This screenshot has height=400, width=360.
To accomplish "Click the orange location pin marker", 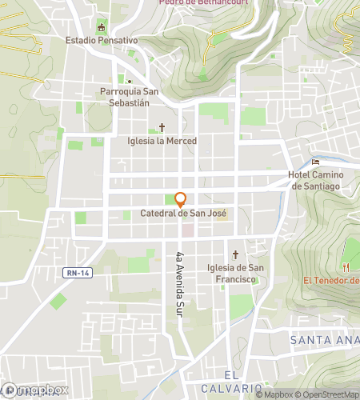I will click(x=181, y=199).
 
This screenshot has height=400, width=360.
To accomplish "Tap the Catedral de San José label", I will click(x=183, y=214).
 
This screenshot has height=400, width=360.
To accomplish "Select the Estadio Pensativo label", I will click(x=102, y=40).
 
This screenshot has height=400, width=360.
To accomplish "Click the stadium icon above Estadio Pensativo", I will click(x=101, y=28).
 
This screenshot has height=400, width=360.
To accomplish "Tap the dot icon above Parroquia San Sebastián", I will click(x=129, y=81).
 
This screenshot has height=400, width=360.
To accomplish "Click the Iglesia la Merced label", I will click(x=162, y=140).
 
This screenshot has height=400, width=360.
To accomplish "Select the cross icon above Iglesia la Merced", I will click(x=162, y=127).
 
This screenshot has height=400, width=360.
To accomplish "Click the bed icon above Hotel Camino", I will click(x=315, y=162).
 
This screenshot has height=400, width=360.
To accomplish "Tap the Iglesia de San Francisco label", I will click(x=235, y=274).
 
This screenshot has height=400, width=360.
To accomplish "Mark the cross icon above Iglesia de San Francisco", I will click(x=235, y=255).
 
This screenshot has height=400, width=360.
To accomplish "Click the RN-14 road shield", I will click(x=74, y=273).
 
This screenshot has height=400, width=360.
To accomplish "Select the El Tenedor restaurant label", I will click(x=331, y=280).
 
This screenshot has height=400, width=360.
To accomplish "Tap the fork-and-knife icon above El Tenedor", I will click(x=346, y=266).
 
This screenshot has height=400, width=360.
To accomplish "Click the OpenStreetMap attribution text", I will click(x=329, y=394).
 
